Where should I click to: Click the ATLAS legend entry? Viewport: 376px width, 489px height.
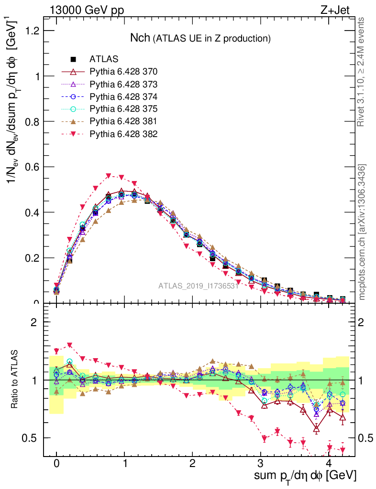(104, 59)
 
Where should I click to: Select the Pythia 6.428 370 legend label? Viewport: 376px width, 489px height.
(123, 72)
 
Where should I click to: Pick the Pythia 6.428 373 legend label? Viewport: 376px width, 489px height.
(123, 84)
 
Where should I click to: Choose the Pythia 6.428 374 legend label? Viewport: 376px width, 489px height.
(123, 96)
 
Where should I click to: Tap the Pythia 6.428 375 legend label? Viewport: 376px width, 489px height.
(123, 109)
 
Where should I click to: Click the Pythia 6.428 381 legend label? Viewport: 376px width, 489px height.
(123, 121)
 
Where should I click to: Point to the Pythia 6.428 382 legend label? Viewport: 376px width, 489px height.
(123, 134)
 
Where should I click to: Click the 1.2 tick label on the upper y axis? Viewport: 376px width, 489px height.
(32, 31)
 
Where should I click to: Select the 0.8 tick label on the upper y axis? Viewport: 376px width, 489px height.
(32, 121)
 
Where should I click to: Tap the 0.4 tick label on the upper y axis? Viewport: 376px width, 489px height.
(32, 212)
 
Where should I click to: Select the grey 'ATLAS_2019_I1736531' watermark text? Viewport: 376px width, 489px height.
(199, 286)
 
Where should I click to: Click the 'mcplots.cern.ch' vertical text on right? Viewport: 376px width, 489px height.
(363, 232)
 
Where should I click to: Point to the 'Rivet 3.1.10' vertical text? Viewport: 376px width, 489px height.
(363, 72)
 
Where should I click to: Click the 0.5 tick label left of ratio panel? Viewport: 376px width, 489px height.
(32, 438)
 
